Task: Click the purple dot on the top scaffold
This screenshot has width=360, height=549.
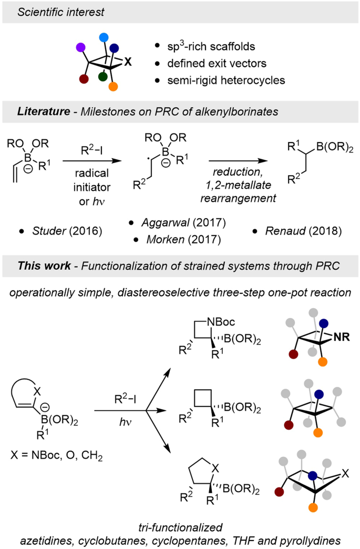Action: pos(80,47)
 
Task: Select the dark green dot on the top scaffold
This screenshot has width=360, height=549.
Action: pos(104,77)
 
